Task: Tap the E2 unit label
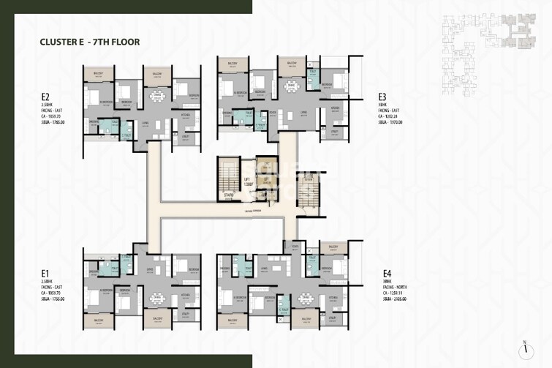pyautogui.click(x=45, y=96)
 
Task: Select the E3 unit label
pyautogui.click(x=382, y=96)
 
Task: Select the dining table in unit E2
pyautogui.click(x=156, y=100)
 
